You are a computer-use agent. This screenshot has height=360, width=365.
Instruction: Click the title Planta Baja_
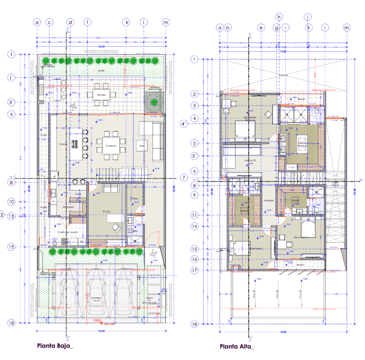(x=55, y=346)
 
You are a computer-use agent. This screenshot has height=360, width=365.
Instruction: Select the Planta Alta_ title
(x=237, y=346)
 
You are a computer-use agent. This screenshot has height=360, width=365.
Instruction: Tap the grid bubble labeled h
(x=278, y=17)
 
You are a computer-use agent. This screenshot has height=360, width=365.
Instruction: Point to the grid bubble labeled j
(x=308, y=17)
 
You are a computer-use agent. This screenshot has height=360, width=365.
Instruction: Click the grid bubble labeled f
(x=87, y=22)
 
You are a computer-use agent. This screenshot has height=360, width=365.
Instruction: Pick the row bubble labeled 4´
(x=184, y=124)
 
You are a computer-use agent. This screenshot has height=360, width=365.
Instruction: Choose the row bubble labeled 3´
(x=12, y=102)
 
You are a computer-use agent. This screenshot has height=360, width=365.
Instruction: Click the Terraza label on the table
(x=101, y=95)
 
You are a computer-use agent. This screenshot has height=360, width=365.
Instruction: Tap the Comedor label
(x=111, y=146)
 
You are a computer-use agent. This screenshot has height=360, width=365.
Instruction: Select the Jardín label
(x=101, y=71)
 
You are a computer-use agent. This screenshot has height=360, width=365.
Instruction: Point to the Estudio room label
(x=107, y=211)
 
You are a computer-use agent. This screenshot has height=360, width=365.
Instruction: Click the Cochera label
(x=96, y=298)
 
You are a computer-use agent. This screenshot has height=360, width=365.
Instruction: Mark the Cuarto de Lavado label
(x=67, y=233)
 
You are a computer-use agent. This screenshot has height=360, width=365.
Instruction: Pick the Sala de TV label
(x=250, y=161)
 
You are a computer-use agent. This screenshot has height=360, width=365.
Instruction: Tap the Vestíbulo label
(x=269, y=201)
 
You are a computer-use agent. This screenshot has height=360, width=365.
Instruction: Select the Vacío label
(x=283, y=75)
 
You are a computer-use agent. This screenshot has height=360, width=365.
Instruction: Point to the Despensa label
(x=68, y=207)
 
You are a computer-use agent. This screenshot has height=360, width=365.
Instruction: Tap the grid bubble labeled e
(x=261, y=28)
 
